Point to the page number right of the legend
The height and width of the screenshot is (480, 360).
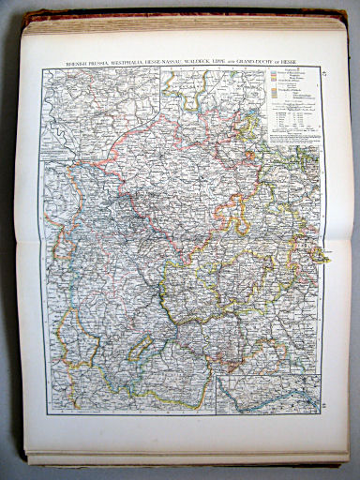point(323,71)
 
